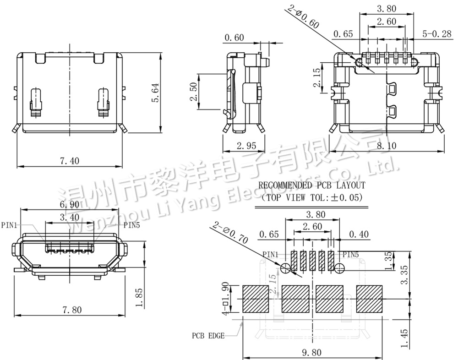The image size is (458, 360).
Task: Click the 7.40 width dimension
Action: [x=70, y=160]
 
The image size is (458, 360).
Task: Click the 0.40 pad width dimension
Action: [x=359, y=235]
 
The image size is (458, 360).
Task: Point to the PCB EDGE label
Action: [x=208, y=335]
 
